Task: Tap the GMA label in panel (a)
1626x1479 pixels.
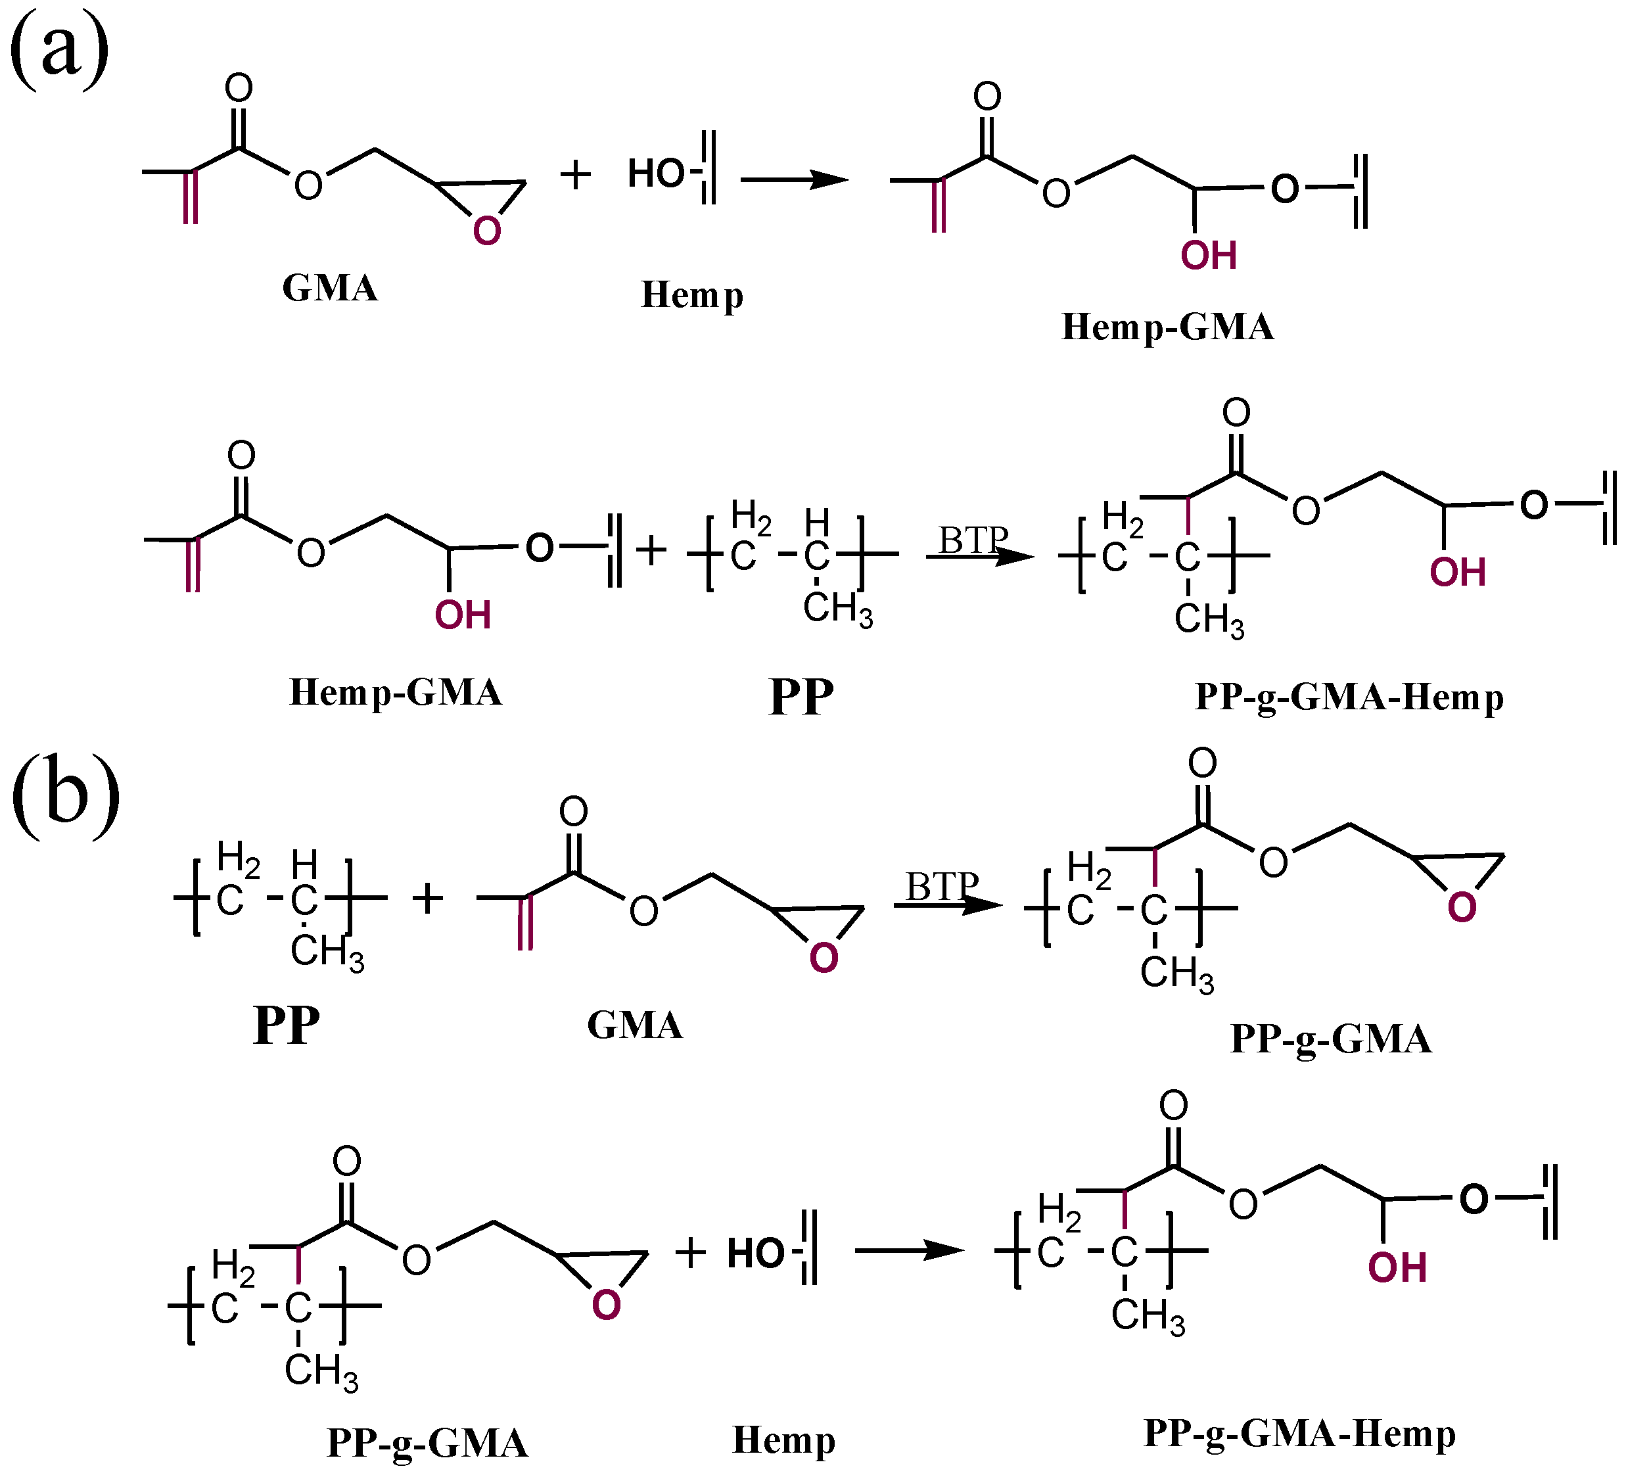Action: [330, 288]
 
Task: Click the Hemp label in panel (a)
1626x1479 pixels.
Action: [691, 295]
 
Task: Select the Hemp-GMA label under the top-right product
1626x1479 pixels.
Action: [1167, 327]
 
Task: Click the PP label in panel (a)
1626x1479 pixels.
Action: [801, 697]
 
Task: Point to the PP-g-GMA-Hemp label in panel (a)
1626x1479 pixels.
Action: [1349, 698]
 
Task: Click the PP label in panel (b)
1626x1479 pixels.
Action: [287, 1025]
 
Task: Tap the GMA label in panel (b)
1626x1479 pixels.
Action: [635, 1025]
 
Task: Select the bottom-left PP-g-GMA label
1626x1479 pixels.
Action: [427, 1444]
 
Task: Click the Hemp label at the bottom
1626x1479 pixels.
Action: [783, 1440]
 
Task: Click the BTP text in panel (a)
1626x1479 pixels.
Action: [973, 540]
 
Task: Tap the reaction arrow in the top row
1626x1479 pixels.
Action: [795, 179]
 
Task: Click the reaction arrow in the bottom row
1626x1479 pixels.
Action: [909, 1251]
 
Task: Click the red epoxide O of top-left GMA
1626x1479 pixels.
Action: [486, 231]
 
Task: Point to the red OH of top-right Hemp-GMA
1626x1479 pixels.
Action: [1208, 256]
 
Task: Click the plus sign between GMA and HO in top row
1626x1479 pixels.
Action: [575, 175]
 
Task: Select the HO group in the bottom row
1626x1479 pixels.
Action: [755, 1253]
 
